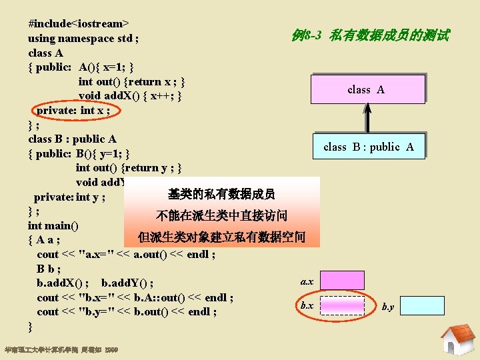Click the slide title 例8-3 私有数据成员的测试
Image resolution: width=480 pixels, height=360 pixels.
point(370,35)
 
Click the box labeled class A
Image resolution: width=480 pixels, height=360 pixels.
point(367,89)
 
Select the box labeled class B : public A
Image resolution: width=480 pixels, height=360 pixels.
point(368,147)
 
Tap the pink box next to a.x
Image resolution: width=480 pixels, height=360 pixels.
point(343,280)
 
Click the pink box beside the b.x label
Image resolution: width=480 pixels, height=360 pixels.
point(343,305)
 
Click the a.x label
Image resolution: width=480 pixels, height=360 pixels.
point(307,282)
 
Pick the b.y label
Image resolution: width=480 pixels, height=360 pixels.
point(388,307)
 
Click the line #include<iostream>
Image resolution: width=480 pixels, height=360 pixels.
point(79,23)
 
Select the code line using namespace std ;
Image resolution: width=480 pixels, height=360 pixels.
point(83,38)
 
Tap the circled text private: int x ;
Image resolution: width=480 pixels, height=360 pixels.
point(73,110)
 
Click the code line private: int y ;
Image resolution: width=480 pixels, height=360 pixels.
point(70,197)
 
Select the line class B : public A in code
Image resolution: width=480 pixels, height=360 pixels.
point(72,139)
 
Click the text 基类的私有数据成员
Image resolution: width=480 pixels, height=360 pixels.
point(221,194)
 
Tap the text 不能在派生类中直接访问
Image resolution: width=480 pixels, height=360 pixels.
point(221,215)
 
